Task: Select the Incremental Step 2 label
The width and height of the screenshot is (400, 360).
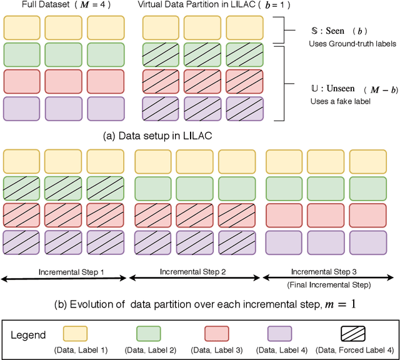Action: tap(193, 272)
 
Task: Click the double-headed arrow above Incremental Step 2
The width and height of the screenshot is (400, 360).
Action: tap(193, 279)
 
